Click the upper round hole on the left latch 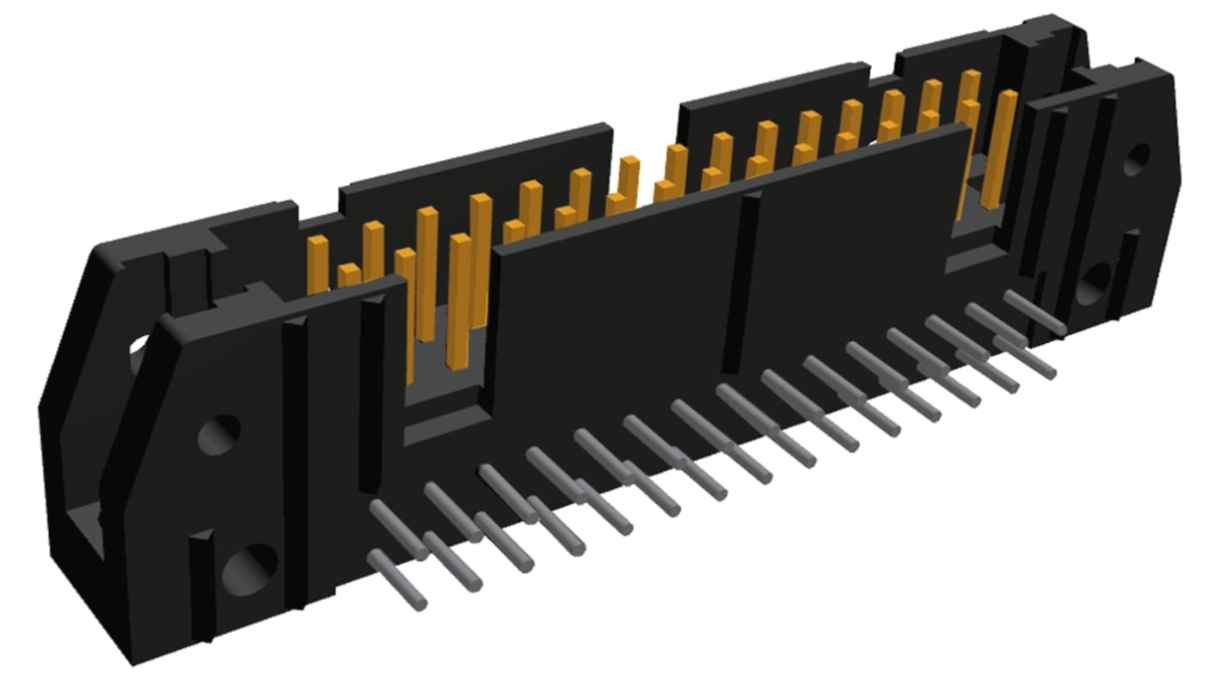click(218, 434)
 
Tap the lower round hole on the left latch click(249, 568)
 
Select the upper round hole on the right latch click(1136, 159)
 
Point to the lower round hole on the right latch click(1094, 283)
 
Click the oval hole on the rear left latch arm click(138, 355)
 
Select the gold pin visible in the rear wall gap click(629, 181)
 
